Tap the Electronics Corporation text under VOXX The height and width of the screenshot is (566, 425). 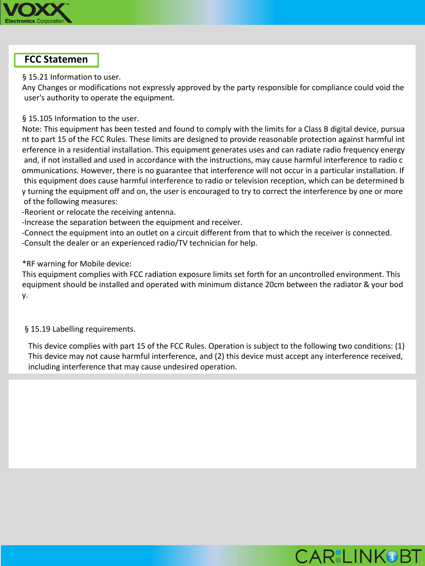35,21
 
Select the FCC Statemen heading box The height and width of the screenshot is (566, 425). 56,60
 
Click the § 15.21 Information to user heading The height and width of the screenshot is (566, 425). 71,77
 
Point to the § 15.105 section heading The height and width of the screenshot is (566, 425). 80,118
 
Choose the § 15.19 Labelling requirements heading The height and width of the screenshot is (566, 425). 80,329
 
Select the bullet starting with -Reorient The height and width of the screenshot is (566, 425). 99,212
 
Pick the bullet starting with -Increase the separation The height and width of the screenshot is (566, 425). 132,222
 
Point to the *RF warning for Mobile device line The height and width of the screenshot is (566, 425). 77,264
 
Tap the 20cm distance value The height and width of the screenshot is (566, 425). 274,285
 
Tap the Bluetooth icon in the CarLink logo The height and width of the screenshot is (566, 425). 392,556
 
